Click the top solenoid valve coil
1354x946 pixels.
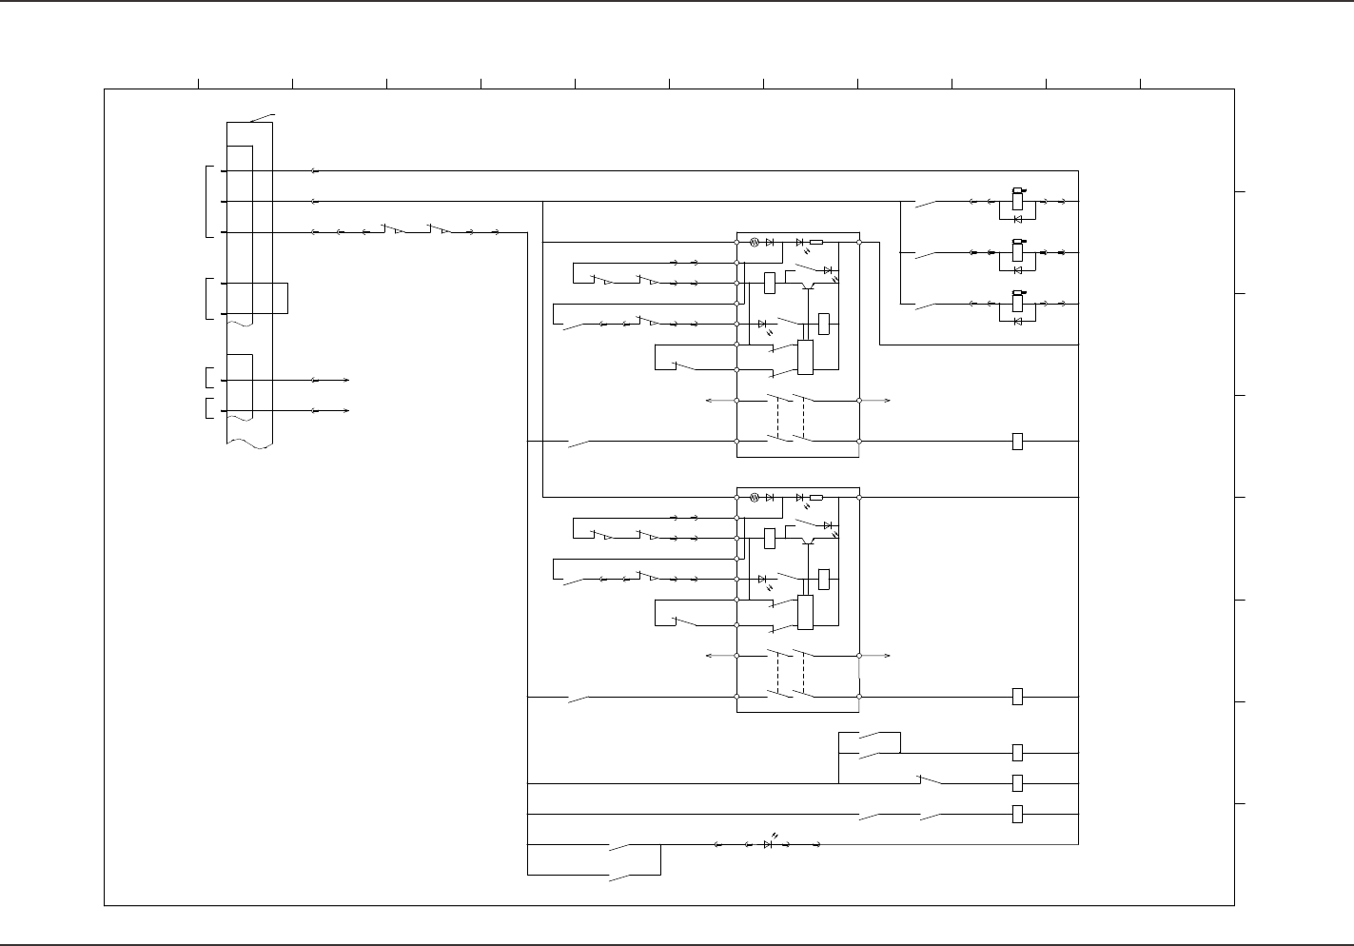[x=1017, y=201]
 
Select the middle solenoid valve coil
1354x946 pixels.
[x=1017, y=252]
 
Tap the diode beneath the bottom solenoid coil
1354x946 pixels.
[x=1018, y=321]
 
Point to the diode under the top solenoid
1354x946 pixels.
[x=1018, y=218]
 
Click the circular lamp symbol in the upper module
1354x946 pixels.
[x=754, y=243]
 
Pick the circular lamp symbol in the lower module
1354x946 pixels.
[x=754, y=497]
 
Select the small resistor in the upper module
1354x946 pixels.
[x=816, y=243]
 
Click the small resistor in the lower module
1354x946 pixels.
[x=816, y=497]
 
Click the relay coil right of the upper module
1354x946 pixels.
[x=1017, y=442]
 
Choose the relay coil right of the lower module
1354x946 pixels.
[x=1017, y=697]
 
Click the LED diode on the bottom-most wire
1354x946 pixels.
[x=769, y=844]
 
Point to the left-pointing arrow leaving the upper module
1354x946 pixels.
[x=709, y=401]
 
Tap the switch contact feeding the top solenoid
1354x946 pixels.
[x=925, y=202]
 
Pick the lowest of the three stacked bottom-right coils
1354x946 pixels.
[x=1017, y=814]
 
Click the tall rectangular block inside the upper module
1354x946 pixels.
[x=805, y=357]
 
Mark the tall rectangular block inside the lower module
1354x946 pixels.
[x=805, y=611]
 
